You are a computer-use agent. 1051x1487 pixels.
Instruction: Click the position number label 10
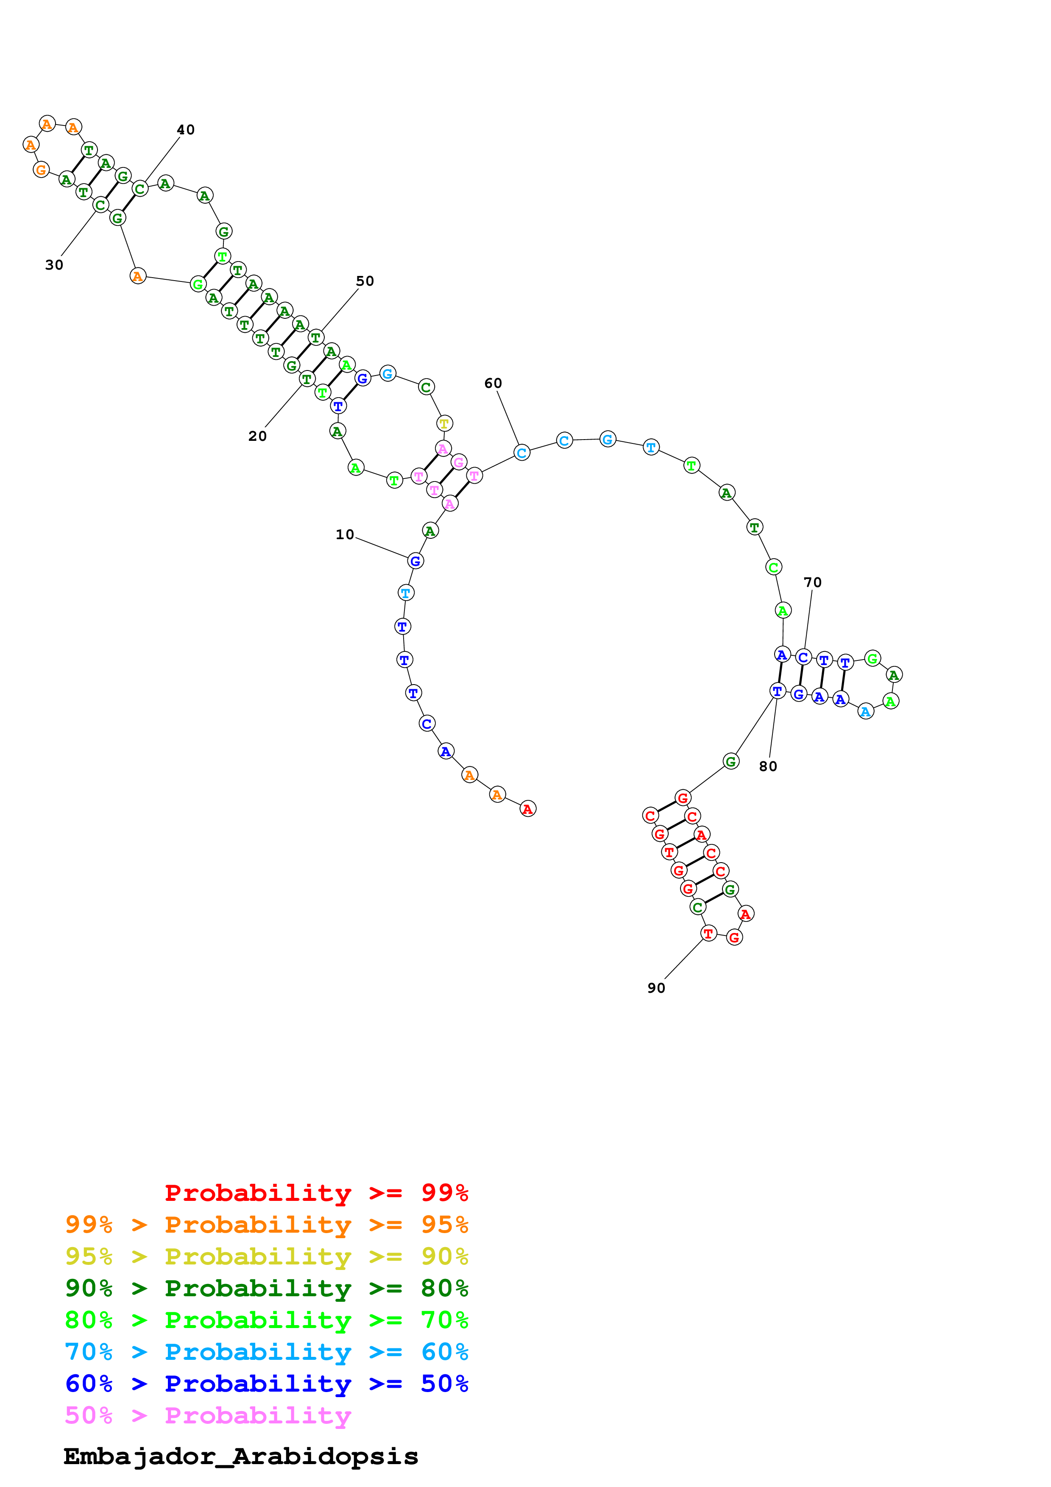(x=345, y=534)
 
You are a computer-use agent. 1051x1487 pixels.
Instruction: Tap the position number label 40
(x=186, y=130)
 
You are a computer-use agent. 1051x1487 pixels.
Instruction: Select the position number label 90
(x=656, y=988)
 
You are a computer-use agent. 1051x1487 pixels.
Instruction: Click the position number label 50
(x=365, y=281)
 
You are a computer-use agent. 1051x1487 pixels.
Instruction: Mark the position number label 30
(x=54, y=265)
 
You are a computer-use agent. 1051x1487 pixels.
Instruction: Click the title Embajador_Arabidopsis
(x=240, y=1456)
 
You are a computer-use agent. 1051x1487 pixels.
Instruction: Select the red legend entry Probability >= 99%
(x=316, y=1192)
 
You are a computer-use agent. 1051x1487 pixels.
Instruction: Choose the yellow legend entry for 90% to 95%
(x=266, y=1256)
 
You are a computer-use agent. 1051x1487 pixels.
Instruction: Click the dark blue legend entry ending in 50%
(x=266, y=1384)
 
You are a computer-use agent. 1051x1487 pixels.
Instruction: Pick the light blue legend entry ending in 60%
(x=266, y=1352)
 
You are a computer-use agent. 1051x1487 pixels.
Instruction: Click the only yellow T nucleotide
(x=444, y=423)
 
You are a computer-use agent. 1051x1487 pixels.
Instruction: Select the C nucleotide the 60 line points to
(x=521, y=453)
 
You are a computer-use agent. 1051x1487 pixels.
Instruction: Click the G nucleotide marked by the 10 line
(x=415, y=561)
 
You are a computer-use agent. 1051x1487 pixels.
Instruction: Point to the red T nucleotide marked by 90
(x=708, y=933)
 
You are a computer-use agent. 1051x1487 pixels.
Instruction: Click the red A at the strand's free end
(x=528, y=809)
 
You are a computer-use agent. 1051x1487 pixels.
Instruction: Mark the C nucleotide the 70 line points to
(x=803, y=657)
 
